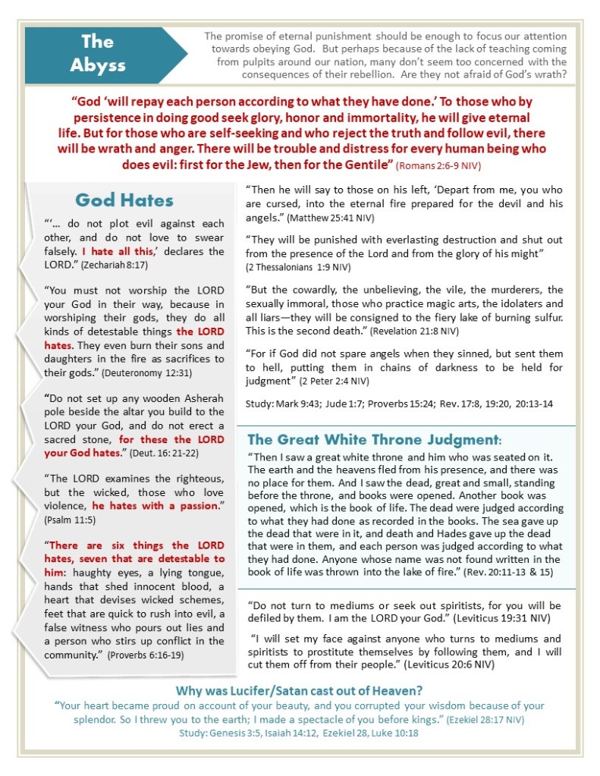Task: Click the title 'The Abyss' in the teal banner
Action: (x=97, y=53)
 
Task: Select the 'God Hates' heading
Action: (x=124, y=200)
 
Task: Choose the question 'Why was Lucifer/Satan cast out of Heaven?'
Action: (x=300, y=690)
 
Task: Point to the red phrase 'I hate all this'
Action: (x=116, y=251)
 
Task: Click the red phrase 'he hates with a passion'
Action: (x=154, y=505)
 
